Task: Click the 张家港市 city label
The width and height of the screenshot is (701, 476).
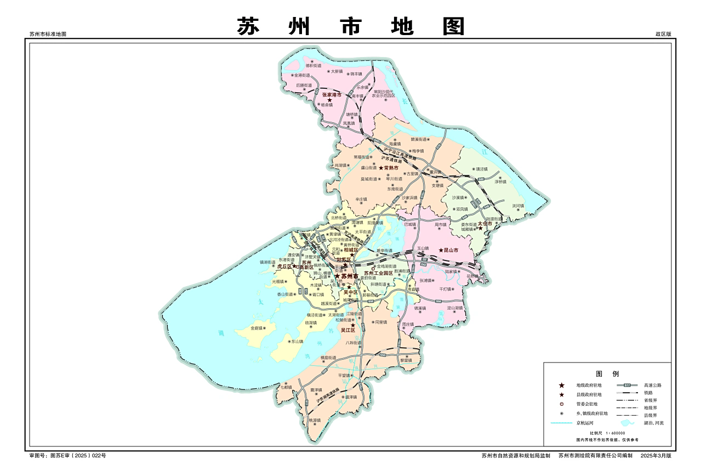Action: click(x=332, y=95)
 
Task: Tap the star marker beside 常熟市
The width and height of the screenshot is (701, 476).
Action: click(x=381, y=168)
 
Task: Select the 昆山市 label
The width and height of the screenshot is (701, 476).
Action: click(x=451, y=250)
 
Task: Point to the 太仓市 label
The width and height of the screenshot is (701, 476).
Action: click(x=485, y=224)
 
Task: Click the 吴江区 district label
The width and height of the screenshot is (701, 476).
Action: click(x=348, y=330)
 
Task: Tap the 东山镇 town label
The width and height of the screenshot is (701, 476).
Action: click(x=297, y=341)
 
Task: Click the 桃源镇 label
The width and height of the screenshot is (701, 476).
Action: click(x=314, y=421)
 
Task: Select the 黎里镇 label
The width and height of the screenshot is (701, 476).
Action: click(x=406, y=360)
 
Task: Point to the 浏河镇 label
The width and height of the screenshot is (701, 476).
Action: click(x=518, y=206)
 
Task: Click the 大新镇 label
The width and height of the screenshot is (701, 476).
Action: click(x=336, y=71)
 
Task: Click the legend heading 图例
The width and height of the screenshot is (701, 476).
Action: click(x=607, y=373)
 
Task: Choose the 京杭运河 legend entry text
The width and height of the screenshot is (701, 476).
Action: click(x=584, y=423)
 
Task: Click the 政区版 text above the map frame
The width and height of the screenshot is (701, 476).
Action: click(x=663, y=34)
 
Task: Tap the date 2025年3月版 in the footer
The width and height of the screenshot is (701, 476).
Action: click(x=656, y=456)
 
